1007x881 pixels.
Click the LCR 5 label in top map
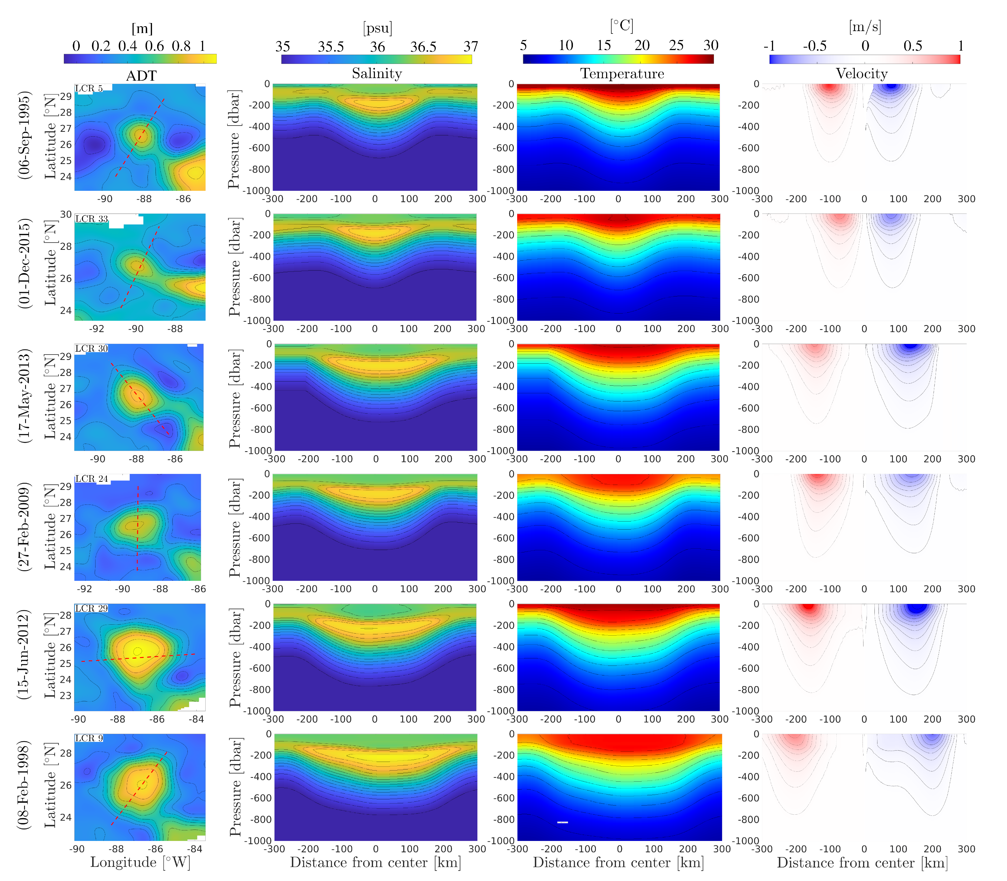(89, 89)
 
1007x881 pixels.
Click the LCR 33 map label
(91, 219)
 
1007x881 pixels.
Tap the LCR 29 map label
(91, 609)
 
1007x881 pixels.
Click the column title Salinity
(377, 74)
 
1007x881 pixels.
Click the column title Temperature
(622, 74)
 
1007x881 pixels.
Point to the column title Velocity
(861, 74)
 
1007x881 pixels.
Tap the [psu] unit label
(377, 28)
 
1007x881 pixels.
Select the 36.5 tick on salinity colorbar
(423, 47)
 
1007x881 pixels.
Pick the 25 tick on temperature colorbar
(676, 46)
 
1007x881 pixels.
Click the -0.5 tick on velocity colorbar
(814, 46)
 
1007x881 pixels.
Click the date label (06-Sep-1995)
(25, 135)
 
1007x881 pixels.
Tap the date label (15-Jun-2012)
(25, 655)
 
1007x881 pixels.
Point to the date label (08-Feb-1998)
(25, 785)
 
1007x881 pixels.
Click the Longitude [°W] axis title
(140, 862)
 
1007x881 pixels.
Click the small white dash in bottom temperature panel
(562, 822)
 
